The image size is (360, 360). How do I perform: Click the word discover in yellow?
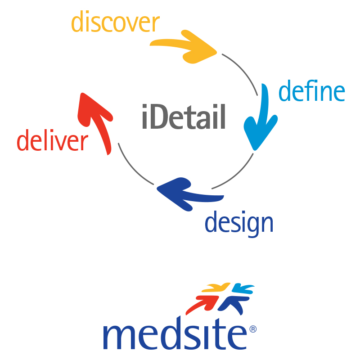tap(115, 22)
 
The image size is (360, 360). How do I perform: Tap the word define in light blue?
tap(311, 91)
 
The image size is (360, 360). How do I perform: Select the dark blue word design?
tap(239, 222)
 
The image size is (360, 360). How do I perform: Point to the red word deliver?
tap(52, 141)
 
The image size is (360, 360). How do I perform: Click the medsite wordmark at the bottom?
tap(176, 335)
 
